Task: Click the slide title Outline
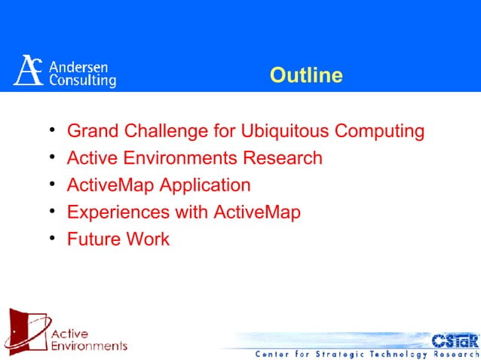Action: pos(306,75)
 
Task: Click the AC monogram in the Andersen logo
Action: pos(29,70)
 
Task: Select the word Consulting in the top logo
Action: pos(82,79)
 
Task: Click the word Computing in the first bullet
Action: pos(379,132)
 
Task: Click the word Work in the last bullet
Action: pos(148,239)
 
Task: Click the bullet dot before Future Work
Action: pos(51,239)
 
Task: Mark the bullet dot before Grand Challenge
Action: pos(51,132)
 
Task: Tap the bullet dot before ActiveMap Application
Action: pos(51,185)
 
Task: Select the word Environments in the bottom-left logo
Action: pos(88,346)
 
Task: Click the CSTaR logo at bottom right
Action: pos(455,340)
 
